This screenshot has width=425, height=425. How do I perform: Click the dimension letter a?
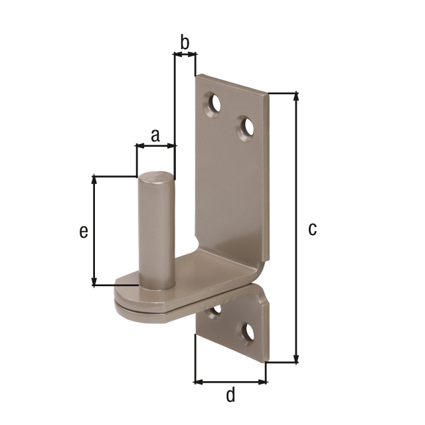[155, 135]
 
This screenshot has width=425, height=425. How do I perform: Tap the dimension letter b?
[185, 42]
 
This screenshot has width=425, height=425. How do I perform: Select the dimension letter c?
[312, 229]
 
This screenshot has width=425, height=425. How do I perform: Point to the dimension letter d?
[230, 395]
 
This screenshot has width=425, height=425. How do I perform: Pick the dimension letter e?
[83, 231]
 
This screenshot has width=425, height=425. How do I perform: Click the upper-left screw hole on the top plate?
[214, 104]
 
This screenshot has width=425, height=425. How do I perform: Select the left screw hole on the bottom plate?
[214, 312]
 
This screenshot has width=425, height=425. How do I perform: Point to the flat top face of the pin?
[155, 177]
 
